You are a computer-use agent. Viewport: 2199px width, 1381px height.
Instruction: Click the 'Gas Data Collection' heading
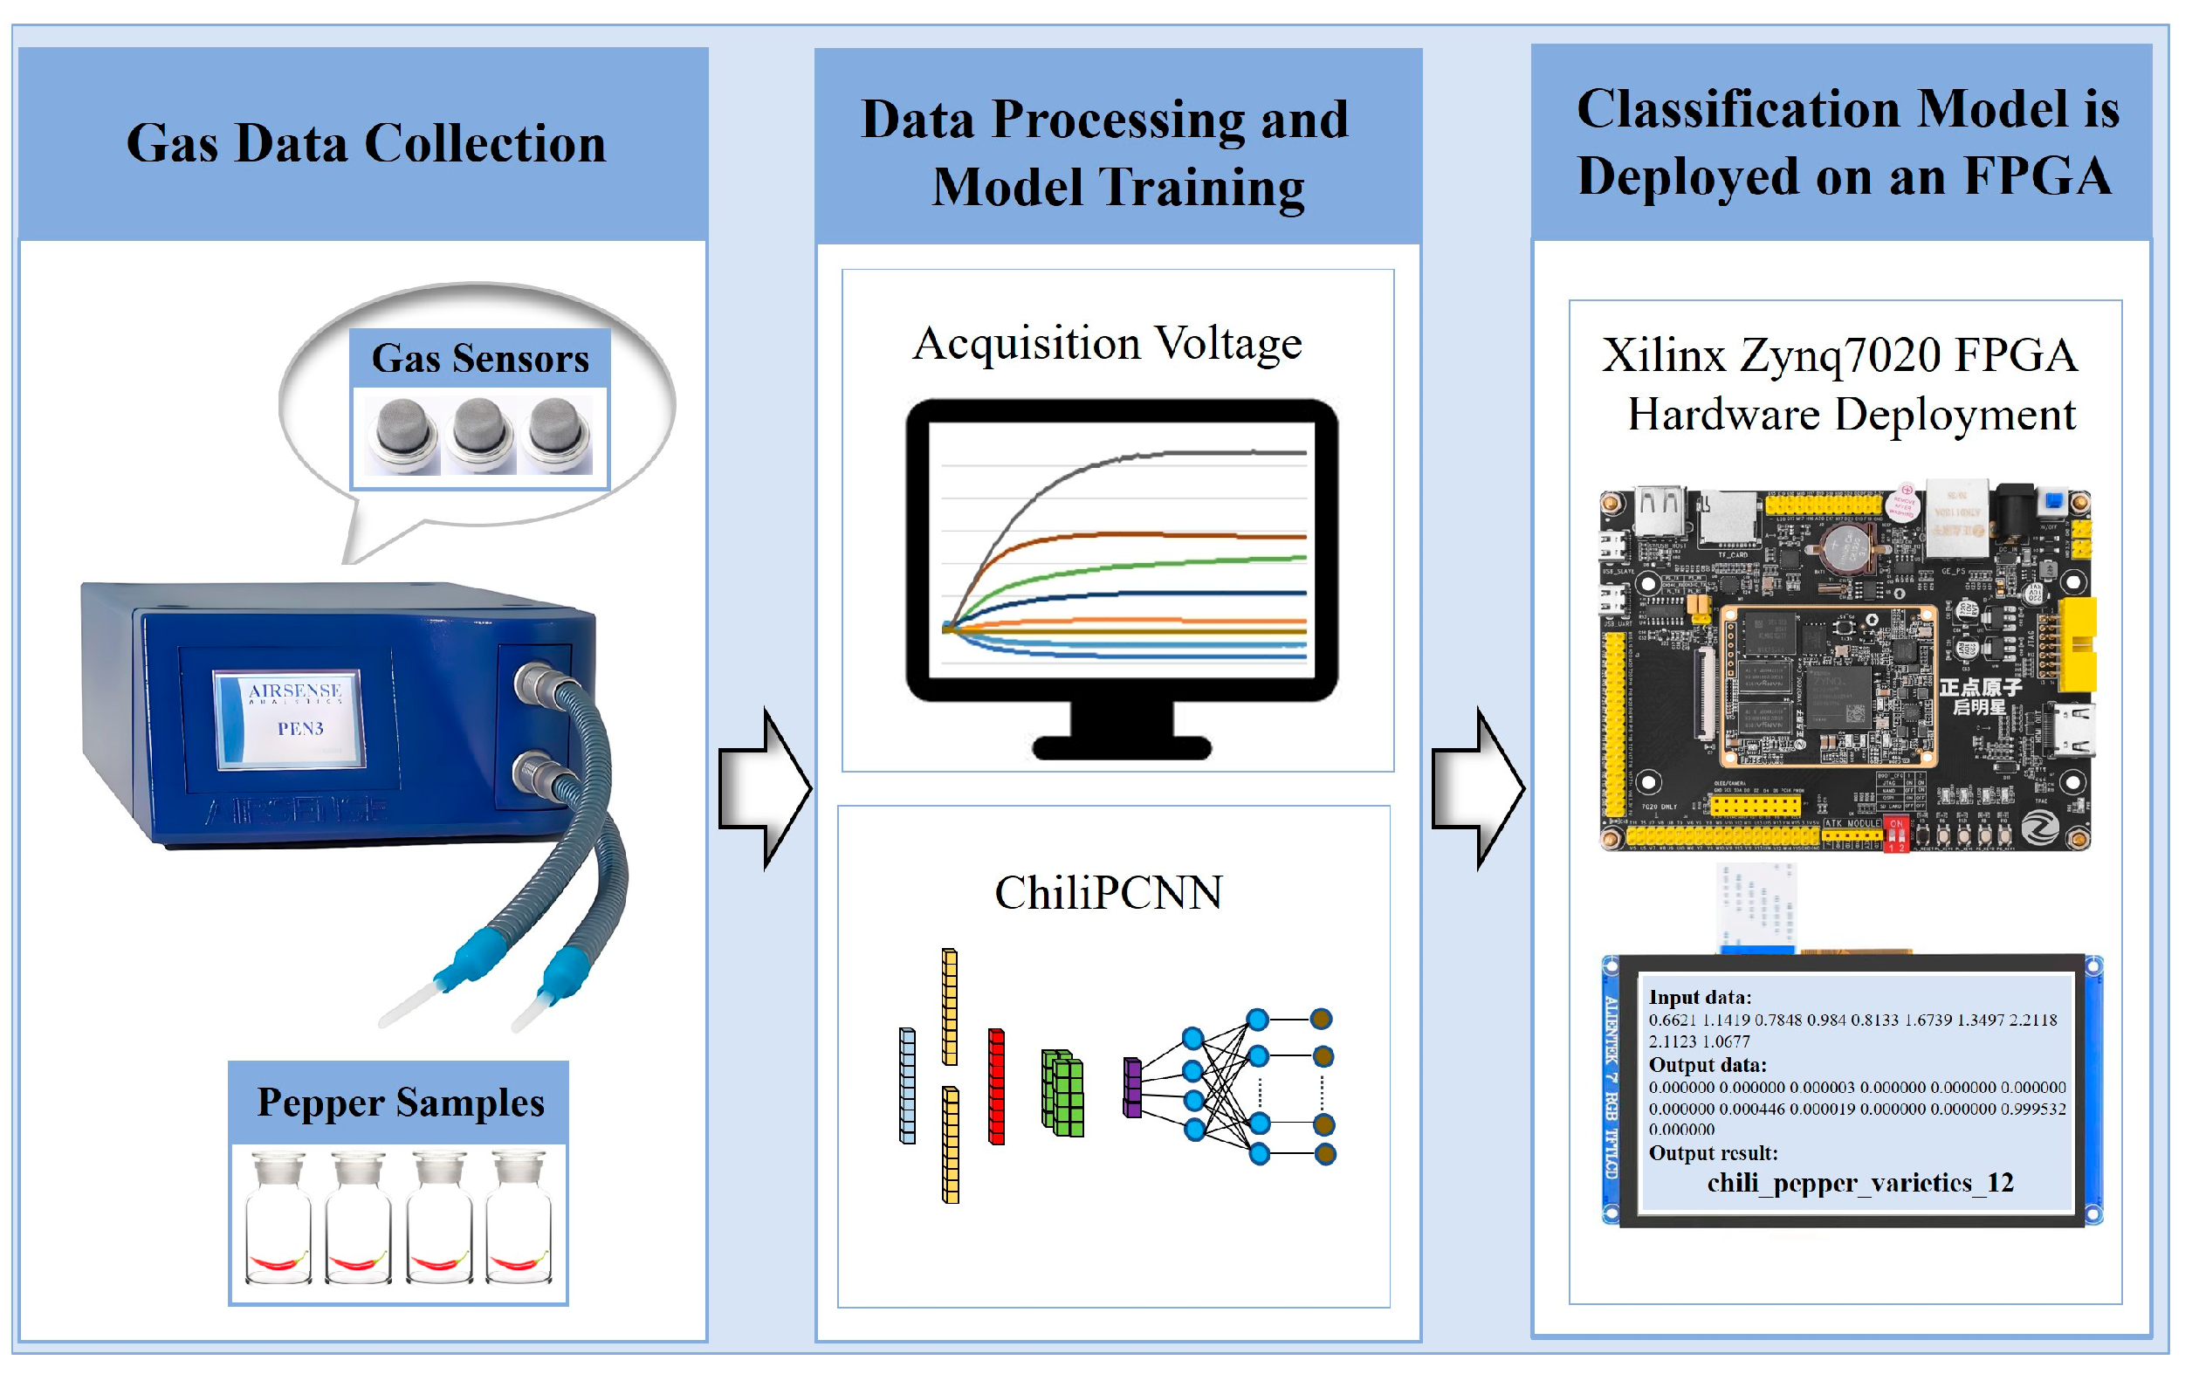tap(365, 144)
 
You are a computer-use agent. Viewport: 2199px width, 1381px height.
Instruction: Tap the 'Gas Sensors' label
tap(479, 358)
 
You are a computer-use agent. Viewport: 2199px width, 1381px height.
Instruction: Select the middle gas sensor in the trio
tap(479, 435)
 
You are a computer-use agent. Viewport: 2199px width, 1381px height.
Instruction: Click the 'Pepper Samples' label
tap(400, 1103)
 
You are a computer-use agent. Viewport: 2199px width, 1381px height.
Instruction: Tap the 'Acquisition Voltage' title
tap(1107, 344)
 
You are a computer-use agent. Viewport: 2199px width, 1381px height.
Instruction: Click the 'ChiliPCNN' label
tap(1108, 893)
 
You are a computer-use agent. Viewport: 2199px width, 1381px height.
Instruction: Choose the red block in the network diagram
tap(996, 1087)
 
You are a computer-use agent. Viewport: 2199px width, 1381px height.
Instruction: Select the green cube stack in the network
tap(1062, 1093)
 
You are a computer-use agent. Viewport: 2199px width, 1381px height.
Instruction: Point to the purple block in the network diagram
tap(1132, 1088)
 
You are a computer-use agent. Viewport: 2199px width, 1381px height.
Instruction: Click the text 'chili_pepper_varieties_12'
tap(1859, 1184)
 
